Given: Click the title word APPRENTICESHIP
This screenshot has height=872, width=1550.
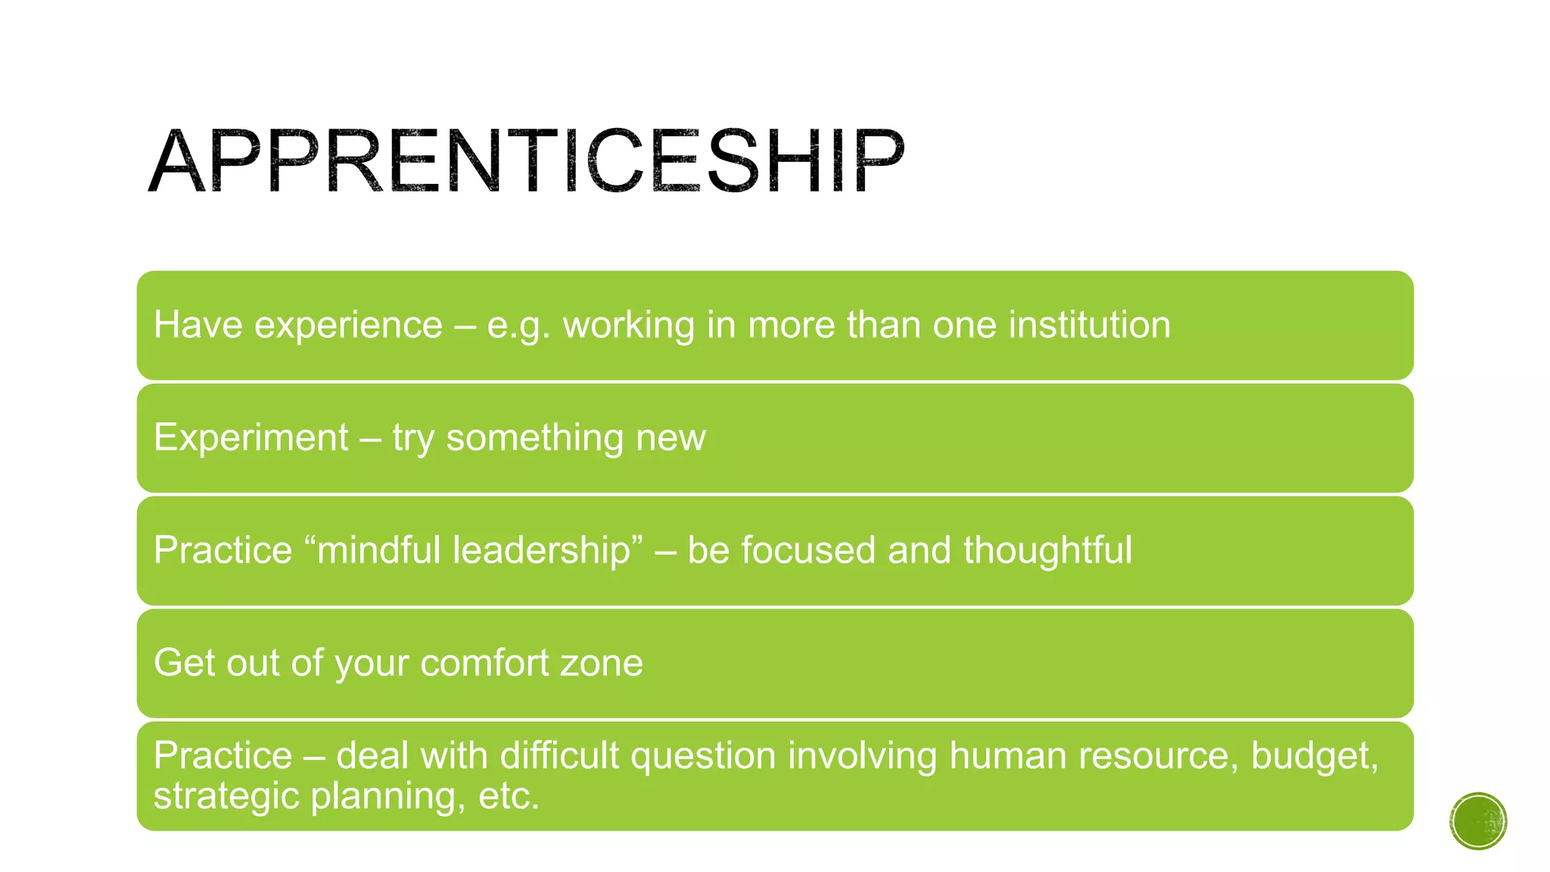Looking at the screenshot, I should click(x=526, y=161).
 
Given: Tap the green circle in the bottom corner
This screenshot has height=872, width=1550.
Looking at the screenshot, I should click(x=1477, y=821).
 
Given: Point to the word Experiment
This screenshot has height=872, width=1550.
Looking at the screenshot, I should click(x=251, y=438).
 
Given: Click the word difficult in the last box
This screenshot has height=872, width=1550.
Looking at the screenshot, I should click(x=559, y=756).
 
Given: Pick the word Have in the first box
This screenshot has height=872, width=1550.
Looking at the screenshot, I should click(x=198, y=325).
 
